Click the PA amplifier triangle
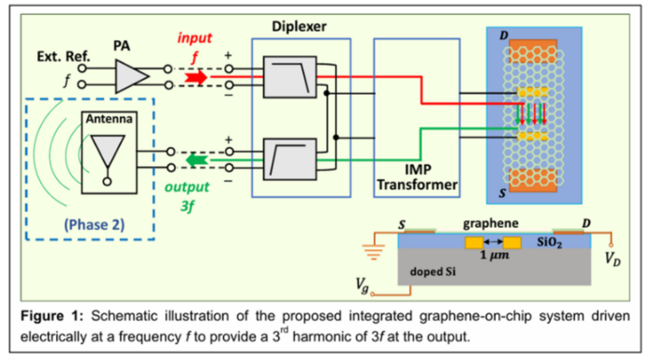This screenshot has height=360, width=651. click(130, 76)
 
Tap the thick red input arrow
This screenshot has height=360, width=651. click(196, 77)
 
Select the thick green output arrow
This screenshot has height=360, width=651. click(196, 160)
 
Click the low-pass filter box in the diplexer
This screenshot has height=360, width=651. click(290, 77)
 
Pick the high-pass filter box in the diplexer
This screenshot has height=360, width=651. click(290, 159)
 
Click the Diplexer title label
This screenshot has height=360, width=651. click(299, 27)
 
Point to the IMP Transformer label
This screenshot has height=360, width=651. click(417, 177)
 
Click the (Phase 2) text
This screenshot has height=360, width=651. click(94, 224)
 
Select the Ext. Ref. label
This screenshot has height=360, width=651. click(63, 56)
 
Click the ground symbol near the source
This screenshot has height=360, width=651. click(374, 252)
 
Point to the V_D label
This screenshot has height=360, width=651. click(612, 259)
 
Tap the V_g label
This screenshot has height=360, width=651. click(362, 286)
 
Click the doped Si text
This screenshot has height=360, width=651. click(432, 272)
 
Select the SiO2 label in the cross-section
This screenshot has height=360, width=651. click(549, 242)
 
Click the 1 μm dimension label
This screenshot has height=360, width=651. click(495, 255)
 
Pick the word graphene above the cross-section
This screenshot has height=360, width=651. click(491, 223)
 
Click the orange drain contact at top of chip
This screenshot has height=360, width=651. click(533, 51)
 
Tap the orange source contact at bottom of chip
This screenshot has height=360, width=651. click(533, 180)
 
